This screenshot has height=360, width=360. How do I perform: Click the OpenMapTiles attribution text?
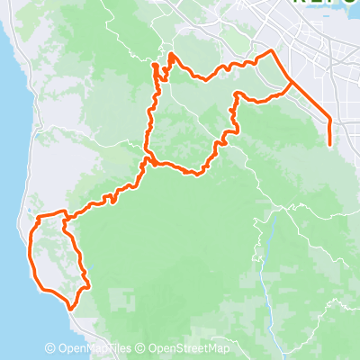94,348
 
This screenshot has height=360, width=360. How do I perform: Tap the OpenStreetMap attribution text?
189,348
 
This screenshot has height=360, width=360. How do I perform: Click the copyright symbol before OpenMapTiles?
51,348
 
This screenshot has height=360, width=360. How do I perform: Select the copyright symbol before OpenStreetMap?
142,348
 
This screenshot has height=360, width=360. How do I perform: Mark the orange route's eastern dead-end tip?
331,144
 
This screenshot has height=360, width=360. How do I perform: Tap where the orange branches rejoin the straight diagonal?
289,83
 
